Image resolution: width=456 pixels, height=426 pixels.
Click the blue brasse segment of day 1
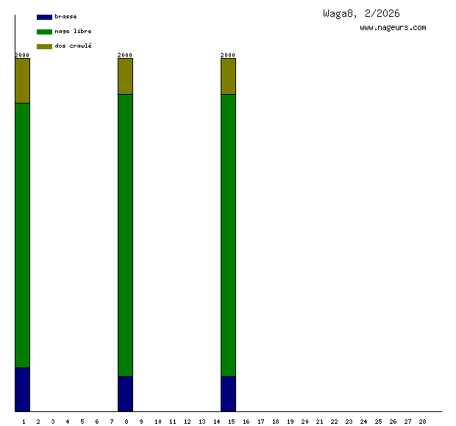pos(23,389)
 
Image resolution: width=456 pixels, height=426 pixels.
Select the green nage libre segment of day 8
pos(126,235)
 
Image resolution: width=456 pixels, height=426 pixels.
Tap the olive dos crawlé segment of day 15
pos(229,76)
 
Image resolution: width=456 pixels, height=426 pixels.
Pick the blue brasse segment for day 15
pos(229,394)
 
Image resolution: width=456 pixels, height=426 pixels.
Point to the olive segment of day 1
pos(23,81)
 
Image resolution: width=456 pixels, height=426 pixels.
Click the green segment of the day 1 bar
pos(23,235)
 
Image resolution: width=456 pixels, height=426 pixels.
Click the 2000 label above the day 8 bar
pos(126,55)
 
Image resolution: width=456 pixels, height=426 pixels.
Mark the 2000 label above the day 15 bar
pos(229,55)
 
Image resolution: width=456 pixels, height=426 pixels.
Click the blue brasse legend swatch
pos(44,17)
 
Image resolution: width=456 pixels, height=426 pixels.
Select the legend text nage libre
pos(73,32)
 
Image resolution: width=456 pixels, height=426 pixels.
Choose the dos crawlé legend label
pos(73,46)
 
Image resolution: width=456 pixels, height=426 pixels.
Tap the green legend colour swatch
pos(44,32)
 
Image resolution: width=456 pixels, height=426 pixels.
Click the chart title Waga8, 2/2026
pos(361,13)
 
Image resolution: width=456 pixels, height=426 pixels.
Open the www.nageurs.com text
pos(393,28)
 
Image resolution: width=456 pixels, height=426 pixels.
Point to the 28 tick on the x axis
pos(423,422)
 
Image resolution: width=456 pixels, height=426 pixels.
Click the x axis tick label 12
pos(187,422)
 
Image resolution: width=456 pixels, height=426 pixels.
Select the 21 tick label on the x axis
pos(320,422)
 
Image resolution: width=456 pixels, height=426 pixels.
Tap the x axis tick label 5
pos(82,422)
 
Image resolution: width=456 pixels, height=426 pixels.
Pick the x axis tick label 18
pos(275,422)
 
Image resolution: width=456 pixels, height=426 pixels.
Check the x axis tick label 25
pos(379,422)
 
